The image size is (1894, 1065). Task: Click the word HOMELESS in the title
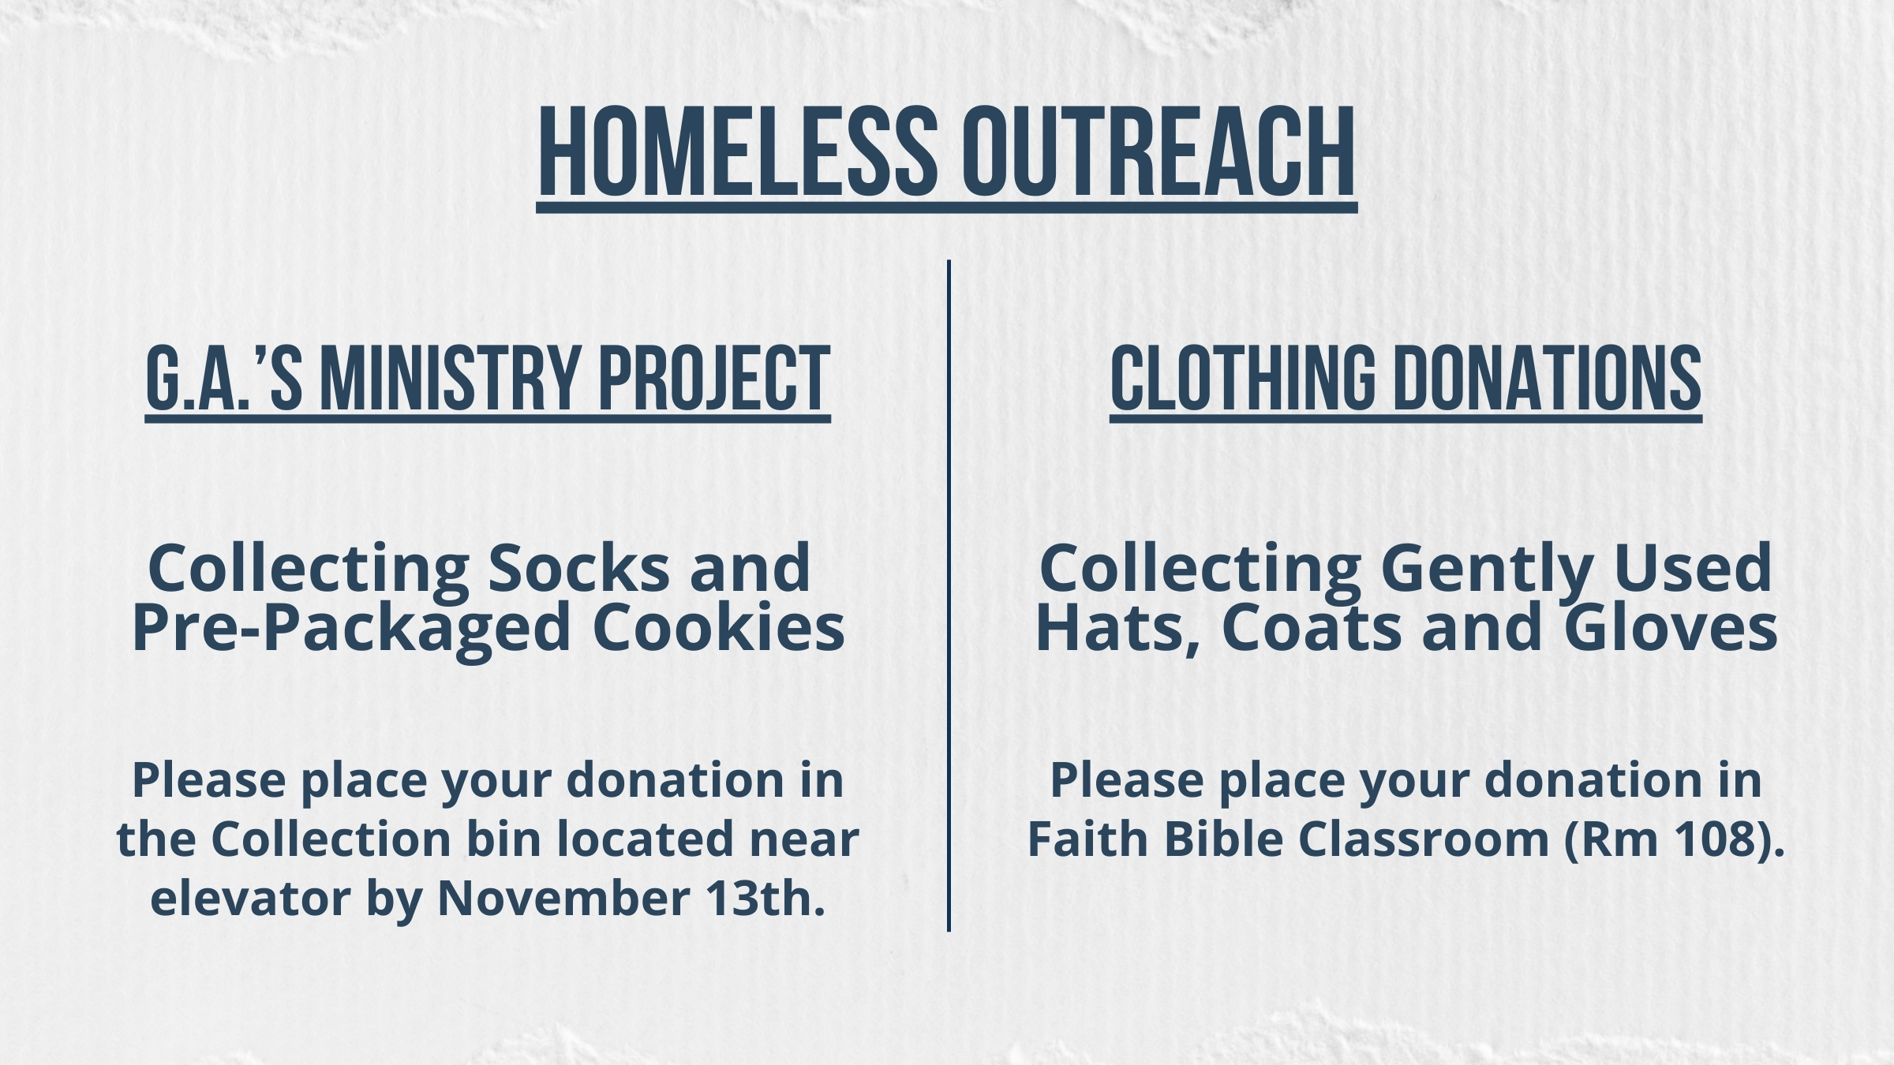tap(739, 150)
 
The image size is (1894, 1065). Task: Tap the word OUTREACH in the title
tap(1158, 150)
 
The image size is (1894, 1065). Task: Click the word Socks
tap(578, 568)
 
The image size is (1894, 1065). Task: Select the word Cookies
tap(718, 628)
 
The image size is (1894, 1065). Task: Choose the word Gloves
tap(1671, 628)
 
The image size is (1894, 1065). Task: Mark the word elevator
tap(249, 898)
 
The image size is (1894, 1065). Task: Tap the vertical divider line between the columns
tap(949, 596)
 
